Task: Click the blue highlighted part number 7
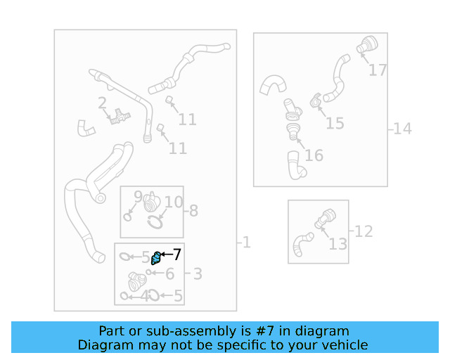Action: (156, 258)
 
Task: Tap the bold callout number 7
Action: (176, 255)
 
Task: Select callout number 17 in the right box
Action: (378, 70)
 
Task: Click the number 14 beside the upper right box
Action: (402, 129)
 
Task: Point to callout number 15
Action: (335, 124)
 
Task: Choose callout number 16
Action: (314, 155)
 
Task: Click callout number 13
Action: (337, 244)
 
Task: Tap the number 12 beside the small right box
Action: (364, 231)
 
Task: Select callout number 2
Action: (102, 103)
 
